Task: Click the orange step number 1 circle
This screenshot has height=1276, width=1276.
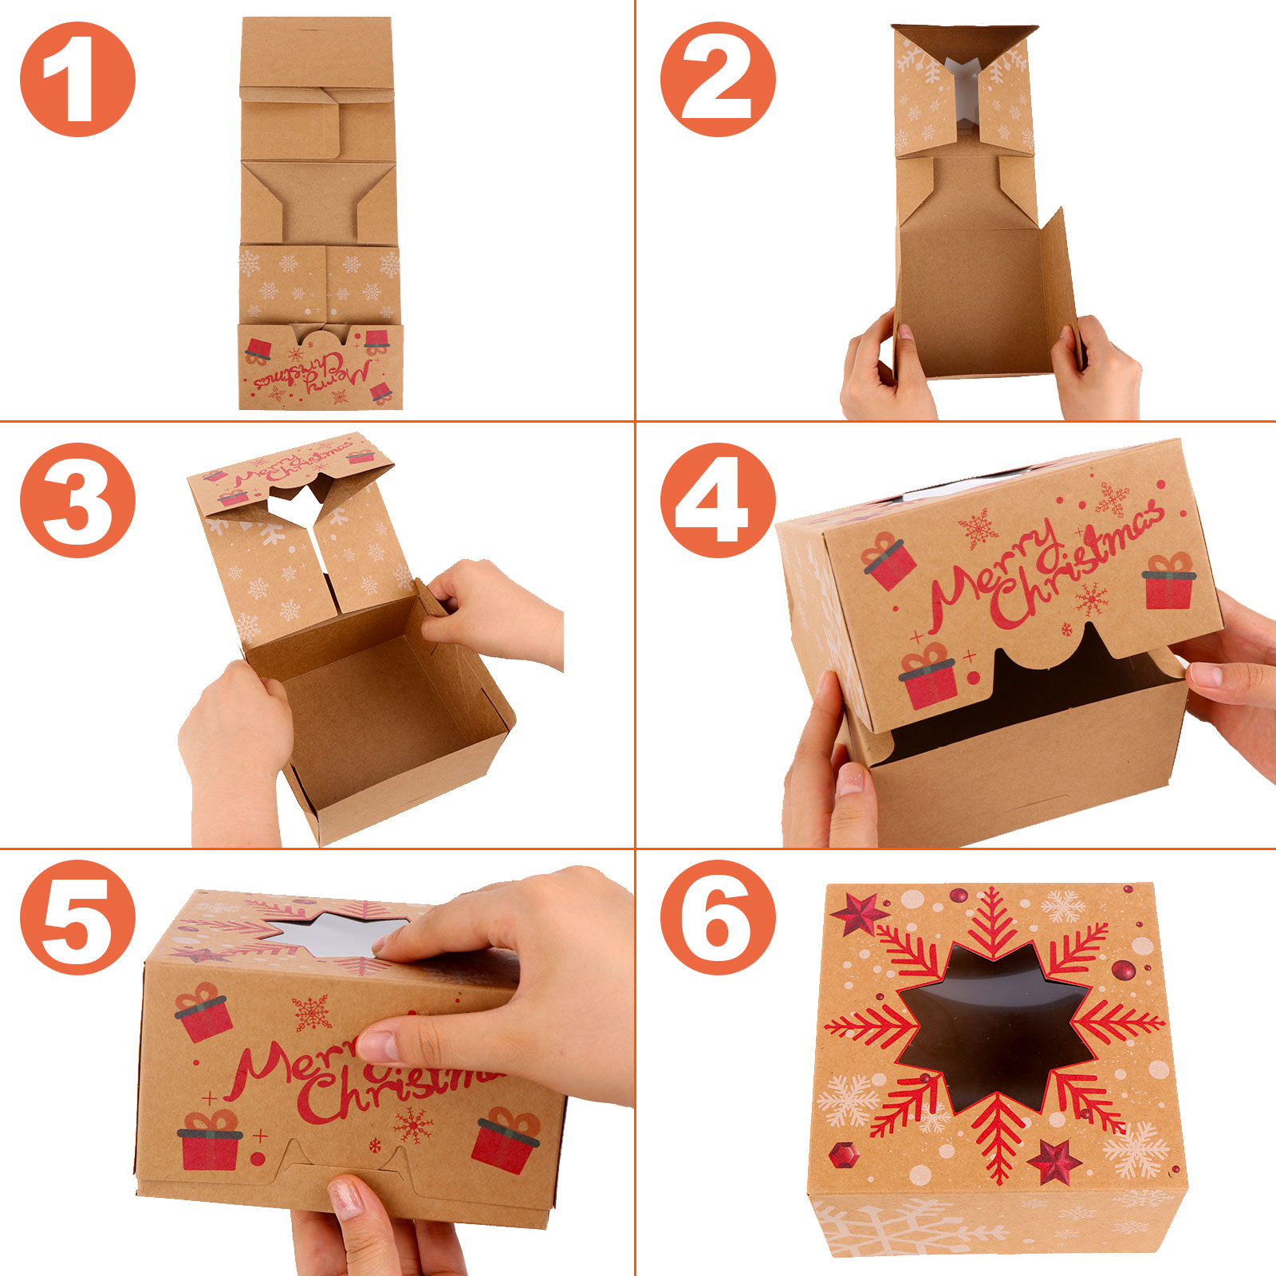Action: coord(77,79)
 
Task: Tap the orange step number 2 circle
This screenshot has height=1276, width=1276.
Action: coord(718,79)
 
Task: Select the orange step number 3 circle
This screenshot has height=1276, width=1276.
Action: coord(77,500)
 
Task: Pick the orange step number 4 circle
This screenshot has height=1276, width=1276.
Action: coord(718,500)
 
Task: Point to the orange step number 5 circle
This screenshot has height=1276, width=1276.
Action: coord(77,917)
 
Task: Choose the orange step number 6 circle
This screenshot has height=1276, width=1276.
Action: coord(718,917)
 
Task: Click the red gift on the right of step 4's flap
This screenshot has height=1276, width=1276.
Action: coord(1169,580)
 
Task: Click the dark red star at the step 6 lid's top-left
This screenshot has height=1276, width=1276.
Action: coord(860,914)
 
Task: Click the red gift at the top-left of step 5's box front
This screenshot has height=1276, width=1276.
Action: coord(203,1012)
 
